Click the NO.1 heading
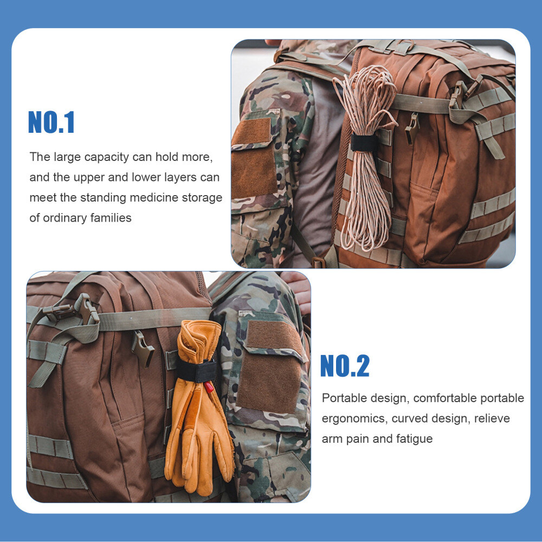pos(51,122)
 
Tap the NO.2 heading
pos(345,366)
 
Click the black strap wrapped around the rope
pos(364,143)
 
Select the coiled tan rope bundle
pos(366,163)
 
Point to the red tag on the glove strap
pos(209,387)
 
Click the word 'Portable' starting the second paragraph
pos(344,398)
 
